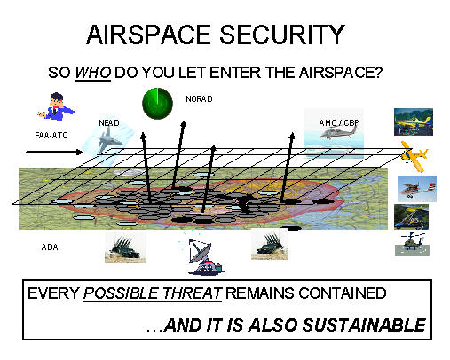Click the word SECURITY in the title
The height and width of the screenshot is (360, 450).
(282, 35)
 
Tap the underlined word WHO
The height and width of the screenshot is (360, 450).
(93, 73)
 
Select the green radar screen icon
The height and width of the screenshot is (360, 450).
(157, 104)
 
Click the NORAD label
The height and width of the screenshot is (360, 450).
(199, 98)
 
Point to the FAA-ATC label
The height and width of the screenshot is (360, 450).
(51, 136)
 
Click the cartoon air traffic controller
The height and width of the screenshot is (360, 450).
(57, 106)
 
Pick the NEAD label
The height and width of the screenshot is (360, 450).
(109, 122)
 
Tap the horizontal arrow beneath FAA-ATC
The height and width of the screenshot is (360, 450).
(54, 153)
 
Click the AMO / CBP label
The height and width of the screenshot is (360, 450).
(339, 122)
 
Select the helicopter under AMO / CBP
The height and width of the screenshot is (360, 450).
(340, 132)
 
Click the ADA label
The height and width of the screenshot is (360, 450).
(50, 247)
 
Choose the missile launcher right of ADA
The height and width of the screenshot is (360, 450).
(125, 248)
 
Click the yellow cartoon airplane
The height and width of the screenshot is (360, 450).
(414, 156)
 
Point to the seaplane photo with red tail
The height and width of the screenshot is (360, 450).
(417, 189)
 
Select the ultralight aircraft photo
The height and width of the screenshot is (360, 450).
(411, 216)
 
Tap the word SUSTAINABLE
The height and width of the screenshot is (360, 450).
(364, 325)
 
